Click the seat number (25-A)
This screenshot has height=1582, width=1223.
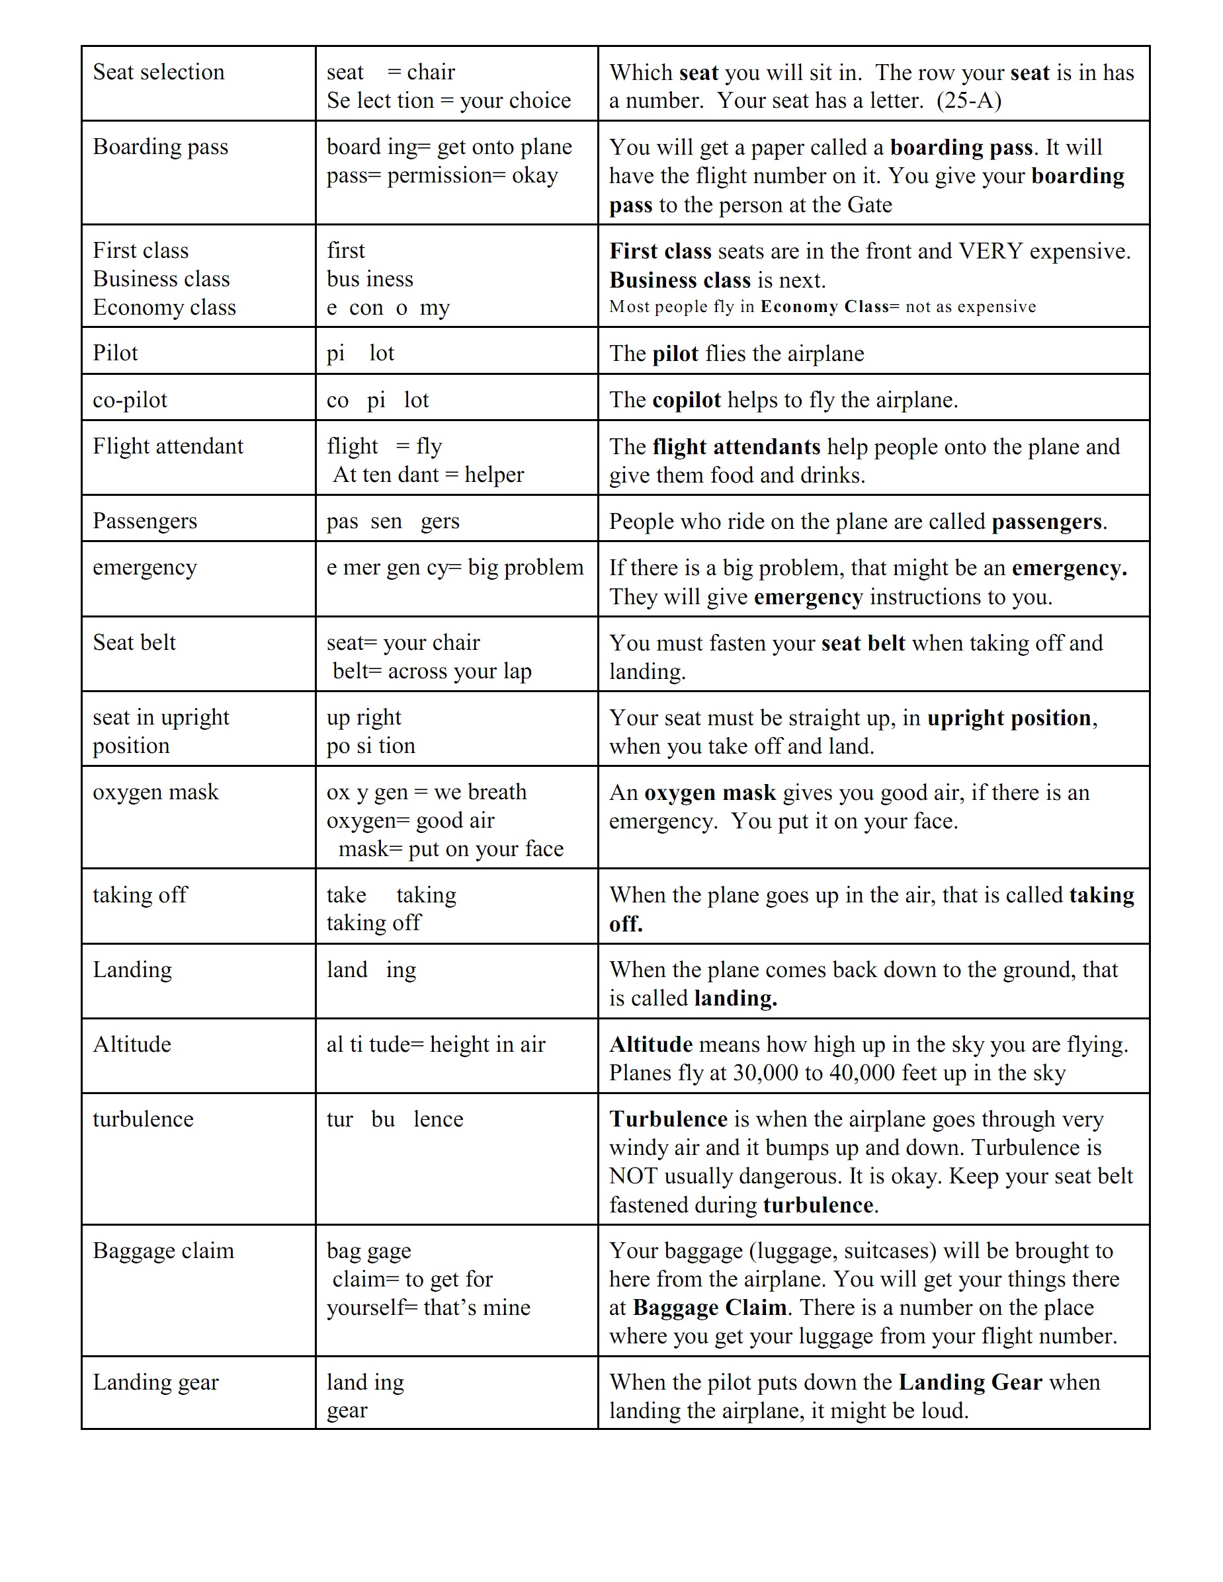coord(969,100)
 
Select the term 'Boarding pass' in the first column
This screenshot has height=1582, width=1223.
coord(160,147)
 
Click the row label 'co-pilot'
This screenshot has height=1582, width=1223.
coord(130,400)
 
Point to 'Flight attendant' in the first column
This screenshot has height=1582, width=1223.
coord(167,446)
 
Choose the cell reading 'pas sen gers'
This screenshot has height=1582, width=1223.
coord(393,521)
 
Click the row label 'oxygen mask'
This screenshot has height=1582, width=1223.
coord(155,793)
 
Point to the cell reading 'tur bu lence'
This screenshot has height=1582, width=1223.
coord(394,1119)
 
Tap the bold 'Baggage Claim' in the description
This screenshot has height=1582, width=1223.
coord(709,1308)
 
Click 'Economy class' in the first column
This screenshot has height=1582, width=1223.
coord(164,308)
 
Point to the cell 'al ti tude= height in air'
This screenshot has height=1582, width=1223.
coord(435,1045)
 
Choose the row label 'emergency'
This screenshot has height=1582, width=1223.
coord(144,567)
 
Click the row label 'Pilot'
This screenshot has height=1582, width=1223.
coord(115,354)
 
